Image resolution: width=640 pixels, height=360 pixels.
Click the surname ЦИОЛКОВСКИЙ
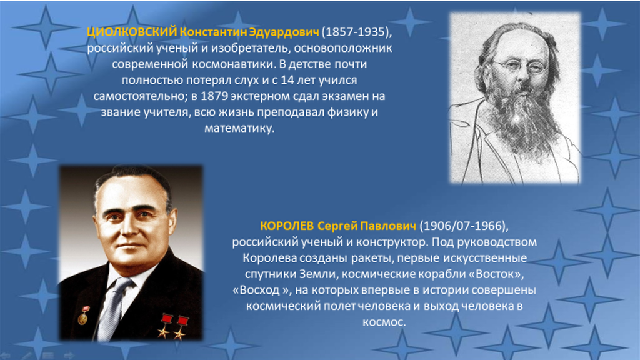[132, 32]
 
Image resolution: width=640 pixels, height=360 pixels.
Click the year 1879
[215, 96]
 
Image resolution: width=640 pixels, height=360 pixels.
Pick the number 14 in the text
[287, 81]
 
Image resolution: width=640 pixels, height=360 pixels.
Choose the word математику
[239, 129]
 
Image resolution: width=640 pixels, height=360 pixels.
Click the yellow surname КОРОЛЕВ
[287, 226]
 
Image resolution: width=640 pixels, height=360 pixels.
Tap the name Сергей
[337, 226]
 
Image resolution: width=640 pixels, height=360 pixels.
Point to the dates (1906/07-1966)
[464, 226]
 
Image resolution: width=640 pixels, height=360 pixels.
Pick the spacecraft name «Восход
[256, 290]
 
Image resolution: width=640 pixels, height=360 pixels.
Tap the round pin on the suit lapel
[83, 317]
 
